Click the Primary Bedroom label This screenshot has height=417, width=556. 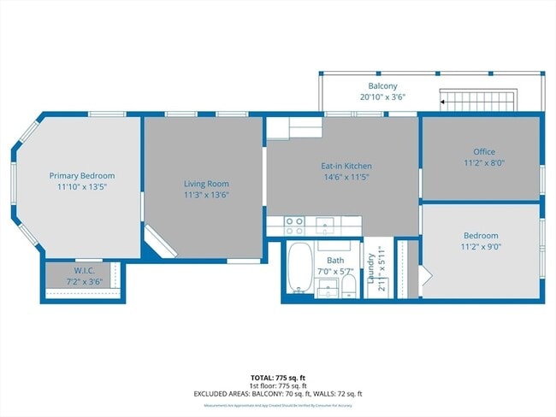click(81, 175)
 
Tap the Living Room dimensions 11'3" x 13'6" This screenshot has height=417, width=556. click(206, 194)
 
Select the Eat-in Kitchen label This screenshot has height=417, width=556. click(346, 166)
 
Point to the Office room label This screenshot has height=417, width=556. click(484, 151)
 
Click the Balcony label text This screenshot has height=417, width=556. click(382, 86)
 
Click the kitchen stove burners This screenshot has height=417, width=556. click(294, 226)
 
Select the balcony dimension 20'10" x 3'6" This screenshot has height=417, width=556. click(382, 97)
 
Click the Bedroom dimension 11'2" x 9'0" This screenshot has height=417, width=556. click(482, 246)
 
